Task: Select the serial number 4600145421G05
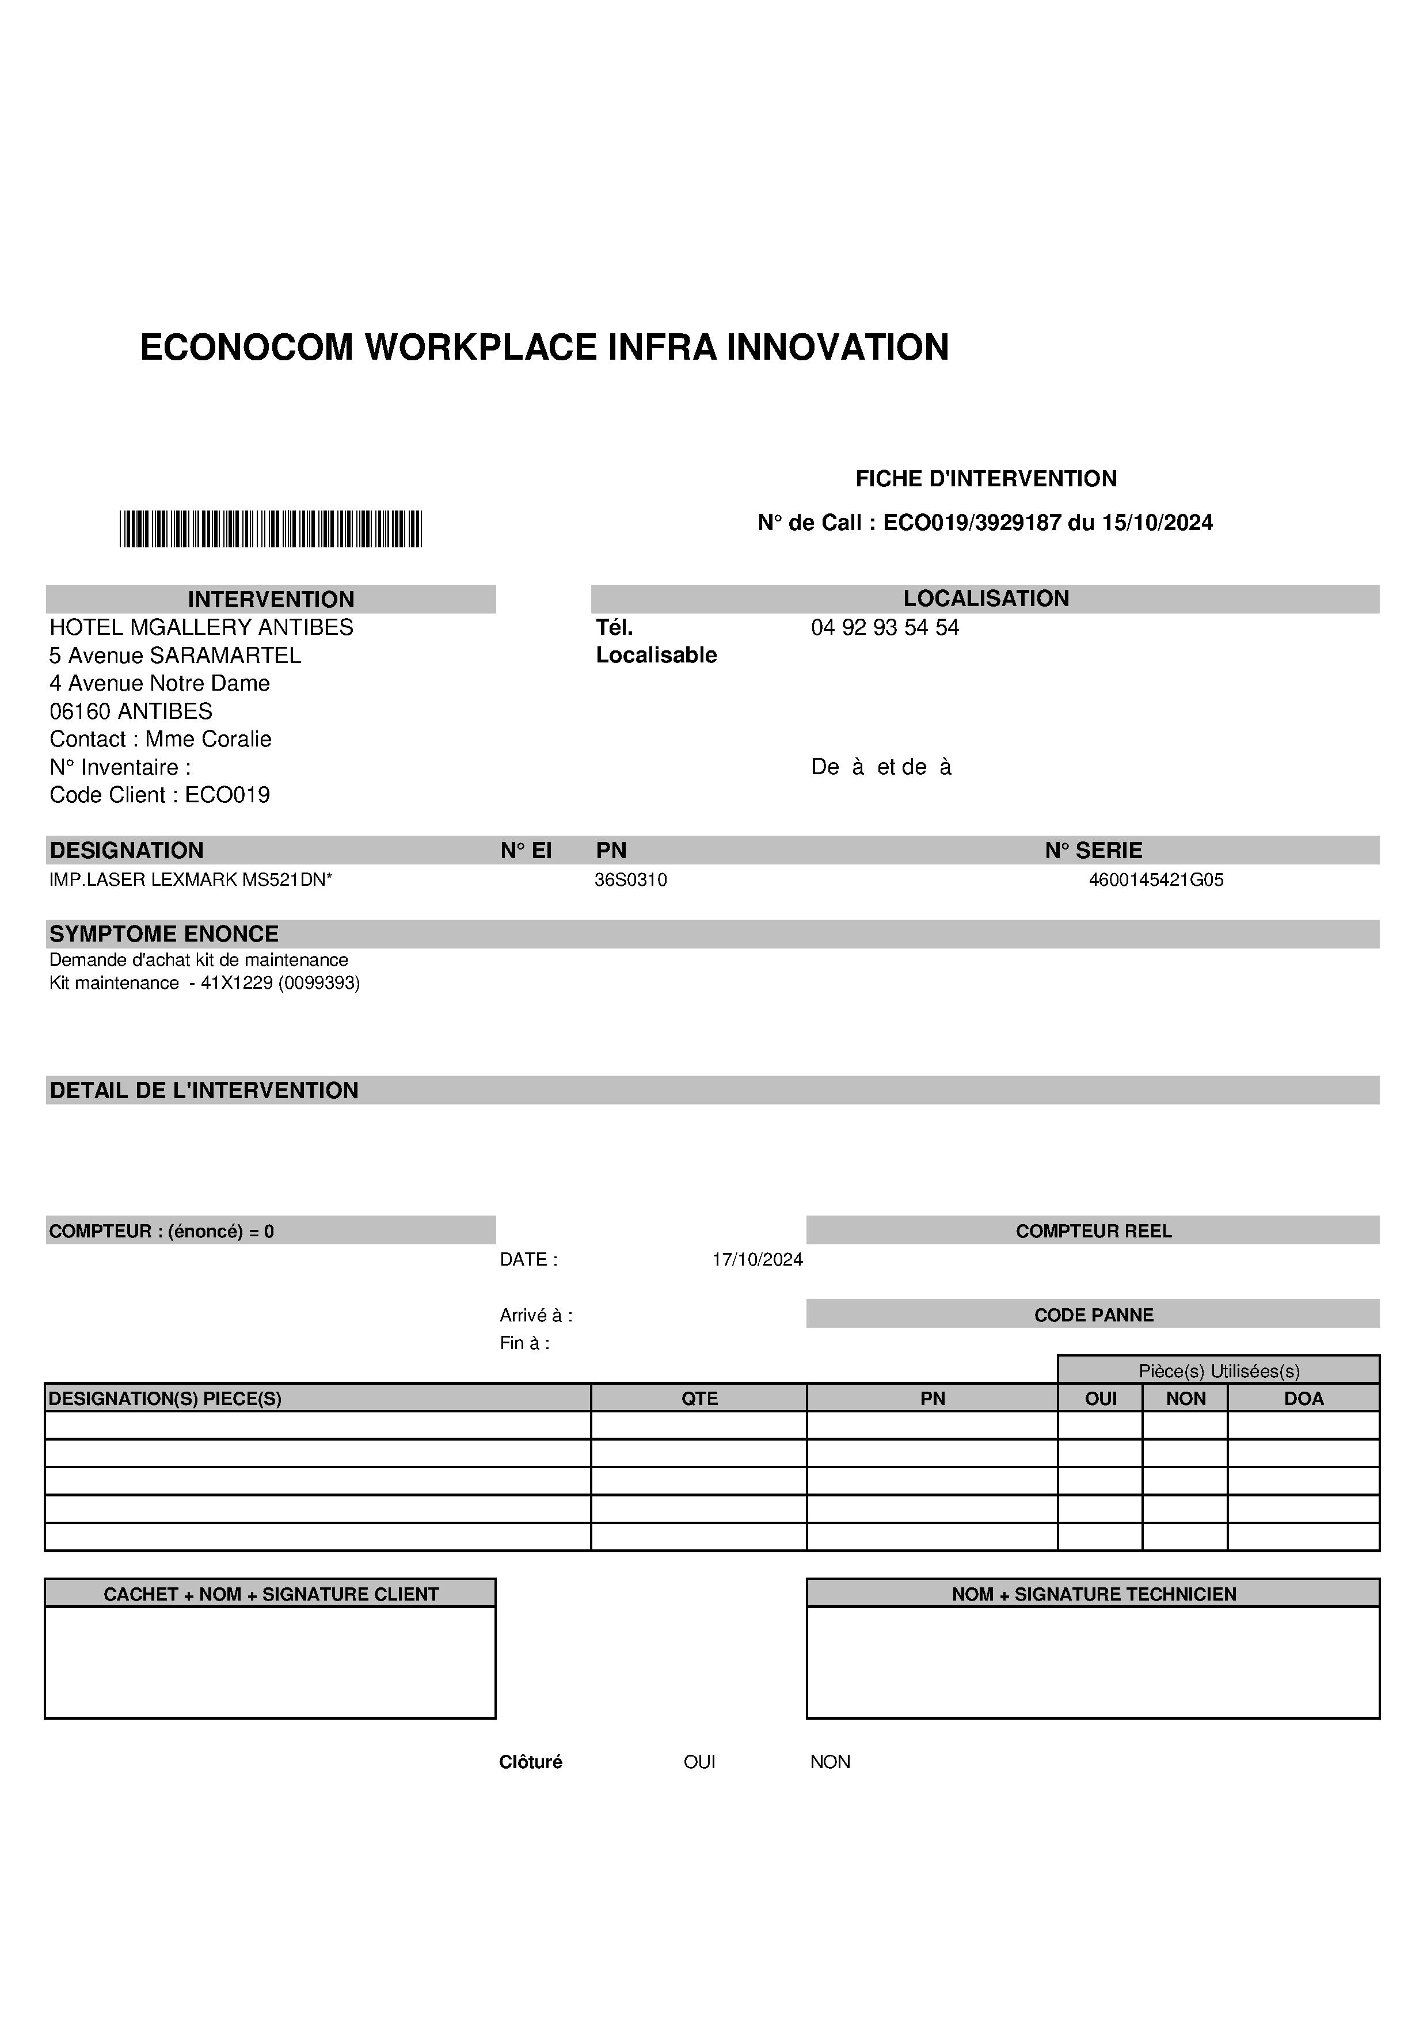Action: coord(1155,879)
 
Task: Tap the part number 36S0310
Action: coord(630,879)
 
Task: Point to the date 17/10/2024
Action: coord(757,1259)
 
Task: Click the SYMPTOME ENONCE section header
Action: coord(163,934)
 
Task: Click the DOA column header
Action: coord(1303,1398)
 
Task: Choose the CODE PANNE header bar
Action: coord(1093,1315)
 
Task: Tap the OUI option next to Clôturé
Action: coord(699,1761)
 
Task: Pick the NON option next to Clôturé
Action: coord(830,1761)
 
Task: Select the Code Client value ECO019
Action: coord(227,795)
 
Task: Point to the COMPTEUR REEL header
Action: coord(1093,1231)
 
